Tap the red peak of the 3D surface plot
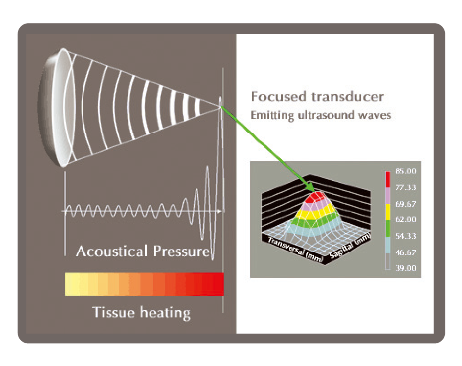click(x=316, y=196)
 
